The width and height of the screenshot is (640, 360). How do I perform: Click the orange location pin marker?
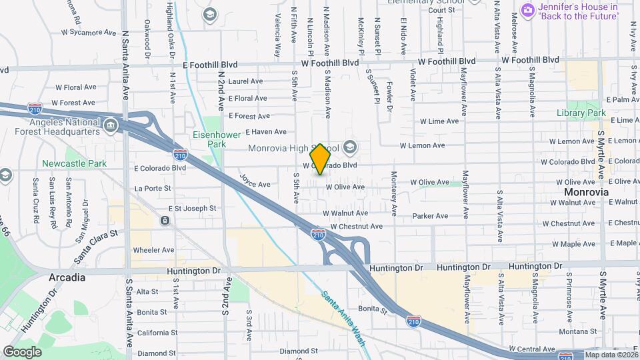(321, 159)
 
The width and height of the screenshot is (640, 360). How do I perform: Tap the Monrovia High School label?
(293, 147)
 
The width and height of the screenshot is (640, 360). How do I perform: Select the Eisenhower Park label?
(211, 139)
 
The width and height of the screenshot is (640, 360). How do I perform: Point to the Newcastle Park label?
(74, 163)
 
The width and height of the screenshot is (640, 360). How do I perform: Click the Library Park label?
(581, 113)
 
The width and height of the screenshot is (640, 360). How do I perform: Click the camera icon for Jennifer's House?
(527, 9)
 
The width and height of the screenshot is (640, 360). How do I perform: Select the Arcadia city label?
(67, 277)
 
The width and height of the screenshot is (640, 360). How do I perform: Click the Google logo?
(22, 352)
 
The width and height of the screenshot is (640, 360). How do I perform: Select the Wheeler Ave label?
(153, 250)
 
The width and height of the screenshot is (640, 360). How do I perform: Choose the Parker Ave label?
(430, 216)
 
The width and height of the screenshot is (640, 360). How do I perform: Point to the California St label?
(156, 332)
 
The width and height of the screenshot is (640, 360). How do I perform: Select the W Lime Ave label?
(439, 121)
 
